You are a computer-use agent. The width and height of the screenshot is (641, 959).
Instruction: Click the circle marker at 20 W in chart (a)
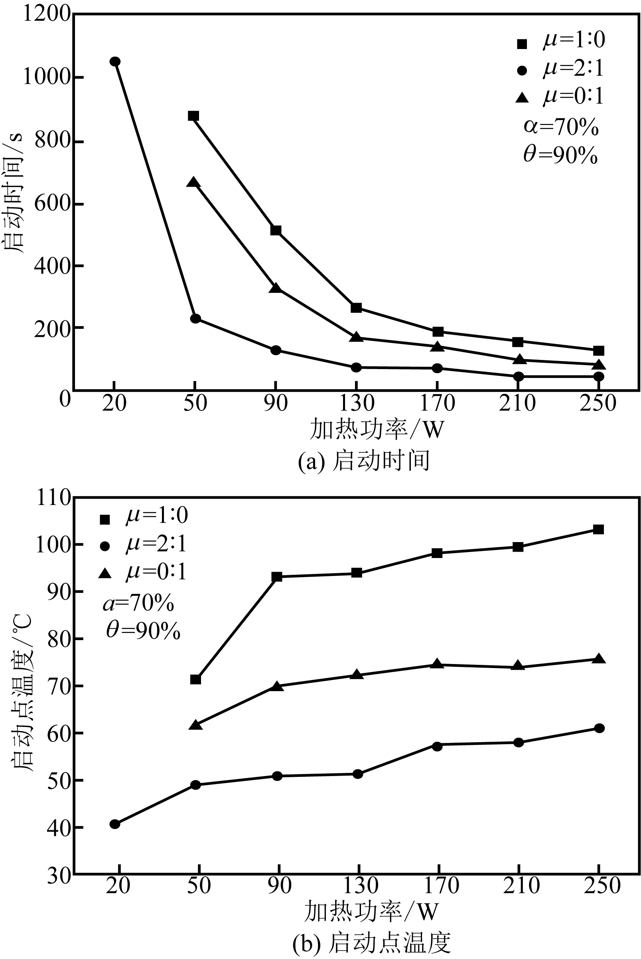coord(115,62)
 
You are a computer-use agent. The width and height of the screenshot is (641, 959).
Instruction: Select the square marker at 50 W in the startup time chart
coord(193,116)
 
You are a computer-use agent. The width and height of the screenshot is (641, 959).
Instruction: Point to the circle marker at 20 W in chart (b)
coord(115,824)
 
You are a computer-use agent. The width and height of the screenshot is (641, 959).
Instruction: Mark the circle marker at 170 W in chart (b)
coord(437,746)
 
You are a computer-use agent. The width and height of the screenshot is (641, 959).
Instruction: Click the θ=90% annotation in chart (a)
coord(560,155)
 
